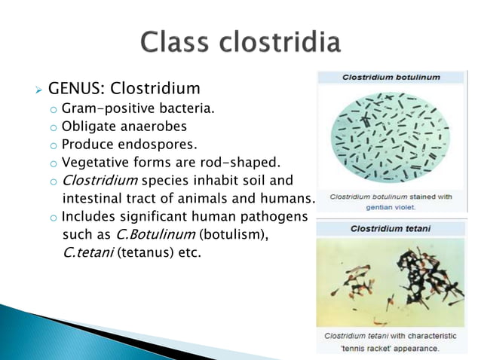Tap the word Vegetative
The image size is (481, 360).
tap(93, 163)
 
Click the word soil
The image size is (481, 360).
tap(256, 181)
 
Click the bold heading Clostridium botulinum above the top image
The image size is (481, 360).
tap(391, 77)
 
